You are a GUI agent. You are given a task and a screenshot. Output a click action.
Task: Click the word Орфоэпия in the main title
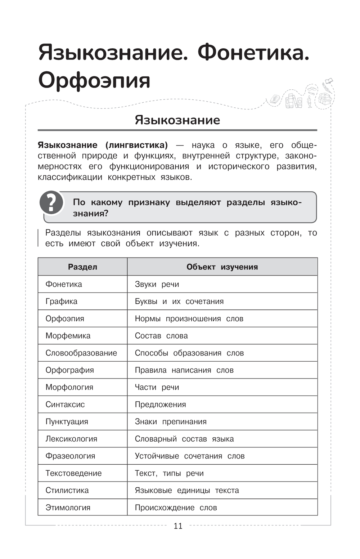(94, 80)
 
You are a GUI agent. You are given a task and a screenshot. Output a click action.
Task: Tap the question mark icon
(51, 202)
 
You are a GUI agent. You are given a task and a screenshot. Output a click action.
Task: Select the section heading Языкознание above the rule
(177, 120)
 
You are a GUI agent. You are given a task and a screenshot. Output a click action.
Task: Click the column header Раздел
(82, 267)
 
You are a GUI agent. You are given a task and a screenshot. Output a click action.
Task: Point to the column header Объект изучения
(222, 267)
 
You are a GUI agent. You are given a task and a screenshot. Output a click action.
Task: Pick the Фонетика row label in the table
(64, 284)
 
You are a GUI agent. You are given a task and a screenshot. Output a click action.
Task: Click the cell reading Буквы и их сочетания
(179, 301)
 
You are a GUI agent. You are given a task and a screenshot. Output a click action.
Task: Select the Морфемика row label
(68, 336)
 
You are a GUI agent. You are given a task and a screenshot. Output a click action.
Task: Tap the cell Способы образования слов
(189, 353)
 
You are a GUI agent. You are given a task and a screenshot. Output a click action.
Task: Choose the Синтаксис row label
(65, 404)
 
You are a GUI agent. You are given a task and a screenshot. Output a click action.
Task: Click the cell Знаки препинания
(170, 422)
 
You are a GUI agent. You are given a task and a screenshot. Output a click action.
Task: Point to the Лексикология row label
(71, 439)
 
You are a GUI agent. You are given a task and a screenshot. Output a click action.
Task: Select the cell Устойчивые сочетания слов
(189, 456)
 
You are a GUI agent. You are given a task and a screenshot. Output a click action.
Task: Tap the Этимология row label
(68, 507)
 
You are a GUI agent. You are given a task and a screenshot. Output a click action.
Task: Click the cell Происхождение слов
(176, 507)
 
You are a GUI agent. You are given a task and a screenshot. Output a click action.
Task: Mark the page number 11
(178, 526)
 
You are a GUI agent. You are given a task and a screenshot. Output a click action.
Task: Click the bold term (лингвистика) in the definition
(136, 145)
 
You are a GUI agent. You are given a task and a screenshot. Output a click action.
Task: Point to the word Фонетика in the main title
(253, 53)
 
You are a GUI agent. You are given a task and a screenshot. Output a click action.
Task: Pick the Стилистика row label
(67, 490)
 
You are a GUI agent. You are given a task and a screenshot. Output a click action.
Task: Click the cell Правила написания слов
(184, 370)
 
